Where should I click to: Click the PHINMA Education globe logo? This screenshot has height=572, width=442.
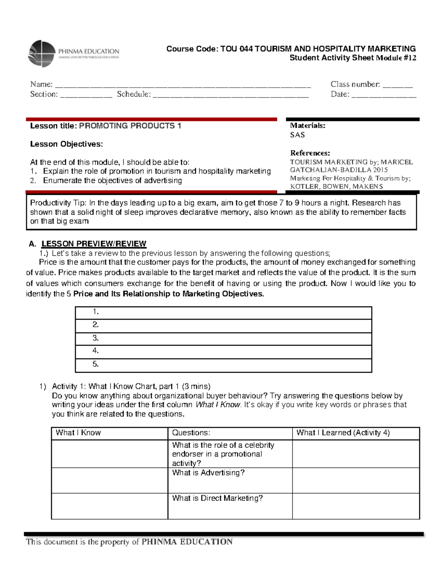click(x=42, y=54)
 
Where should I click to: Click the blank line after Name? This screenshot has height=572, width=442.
click(x=183, y=86)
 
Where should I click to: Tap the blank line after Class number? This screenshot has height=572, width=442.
click(x=397, y=86)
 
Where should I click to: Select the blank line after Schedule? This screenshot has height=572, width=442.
click(x=231, y=96)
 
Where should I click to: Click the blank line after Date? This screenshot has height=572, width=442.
click(x=384, y=96)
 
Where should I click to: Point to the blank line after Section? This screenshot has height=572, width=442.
click(x=86, y=96)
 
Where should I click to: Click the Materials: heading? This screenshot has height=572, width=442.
click(x=308, y=126)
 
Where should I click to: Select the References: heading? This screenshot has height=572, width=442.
click(x=310, y=153)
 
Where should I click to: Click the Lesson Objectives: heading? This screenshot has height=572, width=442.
click(x=66, y=144)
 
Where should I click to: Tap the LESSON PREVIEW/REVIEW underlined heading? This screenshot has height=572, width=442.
click(x=94, y=244)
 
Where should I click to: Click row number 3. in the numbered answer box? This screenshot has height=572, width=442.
click(x=223, y=338)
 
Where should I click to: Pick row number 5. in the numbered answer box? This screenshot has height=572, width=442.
click(x=223, y=364)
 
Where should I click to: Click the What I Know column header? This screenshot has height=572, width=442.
click(x=78, y=433)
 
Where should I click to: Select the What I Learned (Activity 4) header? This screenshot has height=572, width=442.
click(x=343, y=433)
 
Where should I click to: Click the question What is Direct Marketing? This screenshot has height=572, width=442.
click(x=217, y=498)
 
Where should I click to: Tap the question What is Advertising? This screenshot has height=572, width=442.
click(x=208, y=473)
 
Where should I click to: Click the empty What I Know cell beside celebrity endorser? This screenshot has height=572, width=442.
click(x=109, y=454)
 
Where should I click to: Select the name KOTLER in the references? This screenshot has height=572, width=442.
click(x=304, y=186)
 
